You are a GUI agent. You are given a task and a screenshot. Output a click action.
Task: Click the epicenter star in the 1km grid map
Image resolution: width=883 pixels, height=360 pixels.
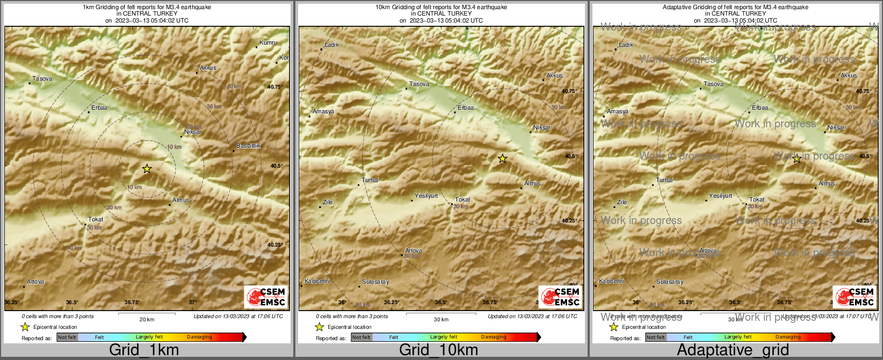(x=147, y=169)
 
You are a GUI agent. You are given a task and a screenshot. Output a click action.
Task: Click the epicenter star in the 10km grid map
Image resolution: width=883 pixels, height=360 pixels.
(x=502, y=159)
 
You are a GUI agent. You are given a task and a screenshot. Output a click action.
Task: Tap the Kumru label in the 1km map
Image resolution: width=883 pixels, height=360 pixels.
(x=268, y=42)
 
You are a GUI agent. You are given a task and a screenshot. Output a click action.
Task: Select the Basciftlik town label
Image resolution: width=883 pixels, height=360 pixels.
(x=248, y=146)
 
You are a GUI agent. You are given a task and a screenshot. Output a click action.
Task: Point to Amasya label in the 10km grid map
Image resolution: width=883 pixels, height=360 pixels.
(x=323, y=112)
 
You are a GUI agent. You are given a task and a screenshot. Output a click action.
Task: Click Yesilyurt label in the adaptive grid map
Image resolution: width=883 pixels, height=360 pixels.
(x=720, y=196)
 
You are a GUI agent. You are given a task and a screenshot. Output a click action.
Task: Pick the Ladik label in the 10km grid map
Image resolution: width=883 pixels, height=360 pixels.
(x=331, y=45)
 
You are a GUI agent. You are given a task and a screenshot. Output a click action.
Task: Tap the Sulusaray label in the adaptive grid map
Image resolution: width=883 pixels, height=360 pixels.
(x=670, y=282)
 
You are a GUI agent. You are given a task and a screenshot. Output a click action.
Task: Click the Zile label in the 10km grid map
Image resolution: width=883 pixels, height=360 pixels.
(x=328, y=203)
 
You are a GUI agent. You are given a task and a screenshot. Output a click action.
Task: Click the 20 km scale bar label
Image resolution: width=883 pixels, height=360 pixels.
(x=147, y=320)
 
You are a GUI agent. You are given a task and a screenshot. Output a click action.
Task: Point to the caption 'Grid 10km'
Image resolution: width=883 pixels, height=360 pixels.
(x=438, y=350)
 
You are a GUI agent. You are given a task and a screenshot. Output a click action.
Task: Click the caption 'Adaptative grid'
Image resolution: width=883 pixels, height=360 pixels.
(x=733, y=350)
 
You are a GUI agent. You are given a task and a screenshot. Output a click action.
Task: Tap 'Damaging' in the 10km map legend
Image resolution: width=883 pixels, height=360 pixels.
(x=494, y=337)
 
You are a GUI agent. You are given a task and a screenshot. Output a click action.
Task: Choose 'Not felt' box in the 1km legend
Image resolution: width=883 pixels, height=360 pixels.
(x=67, y=337)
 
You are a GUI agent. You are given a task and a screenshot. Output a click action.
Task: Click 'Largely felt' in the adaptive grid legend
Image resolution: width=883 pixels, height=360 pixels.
(x=738, y=337)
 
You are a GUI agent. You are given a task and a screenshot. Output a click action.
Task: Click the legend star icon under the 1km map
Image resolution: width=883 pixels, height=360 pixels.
(x=25, y=327)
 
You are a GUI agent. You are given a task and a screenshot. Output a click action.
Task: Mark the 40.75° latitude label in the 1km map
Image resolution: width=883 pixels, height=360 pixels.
(x=274, y=87)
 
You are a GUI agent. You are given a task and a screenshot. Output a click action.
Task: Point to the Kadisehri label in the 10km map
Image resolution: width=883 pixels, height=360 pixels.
(x=317, y=282)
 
